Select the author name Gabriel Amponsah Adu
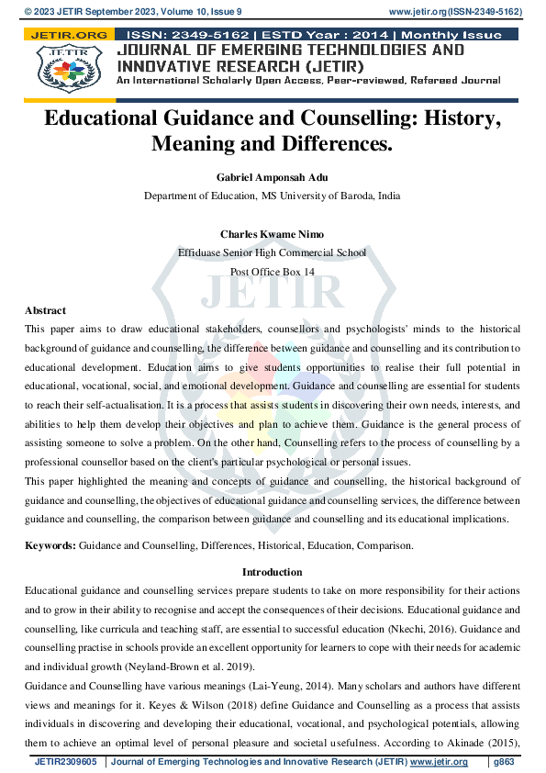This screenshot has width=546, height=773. click(x=273, y=177)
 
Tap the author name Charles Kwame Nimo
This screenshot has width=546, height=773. click(x=273, y=235)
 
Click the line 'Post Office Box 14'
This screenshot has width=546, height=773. click(x=273, y=272)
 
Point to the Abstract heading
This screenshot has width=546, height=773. click(x=45, y=310)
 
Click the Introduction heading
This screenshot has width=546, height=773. click(x=273, y=572)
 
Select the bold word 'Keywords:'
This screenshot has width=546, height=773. click(x=50, y=545)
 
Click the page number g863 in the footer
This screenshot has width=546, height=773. click(x=504, y=762)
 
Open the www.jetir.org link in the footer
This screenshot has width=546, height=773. click(x=439, y=762)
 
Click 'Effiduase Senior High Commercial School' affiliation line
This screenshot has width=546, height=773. click(x=273, y=253)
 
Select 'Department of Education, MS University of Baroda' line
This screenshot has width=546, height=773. click(x=273, y=196)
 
